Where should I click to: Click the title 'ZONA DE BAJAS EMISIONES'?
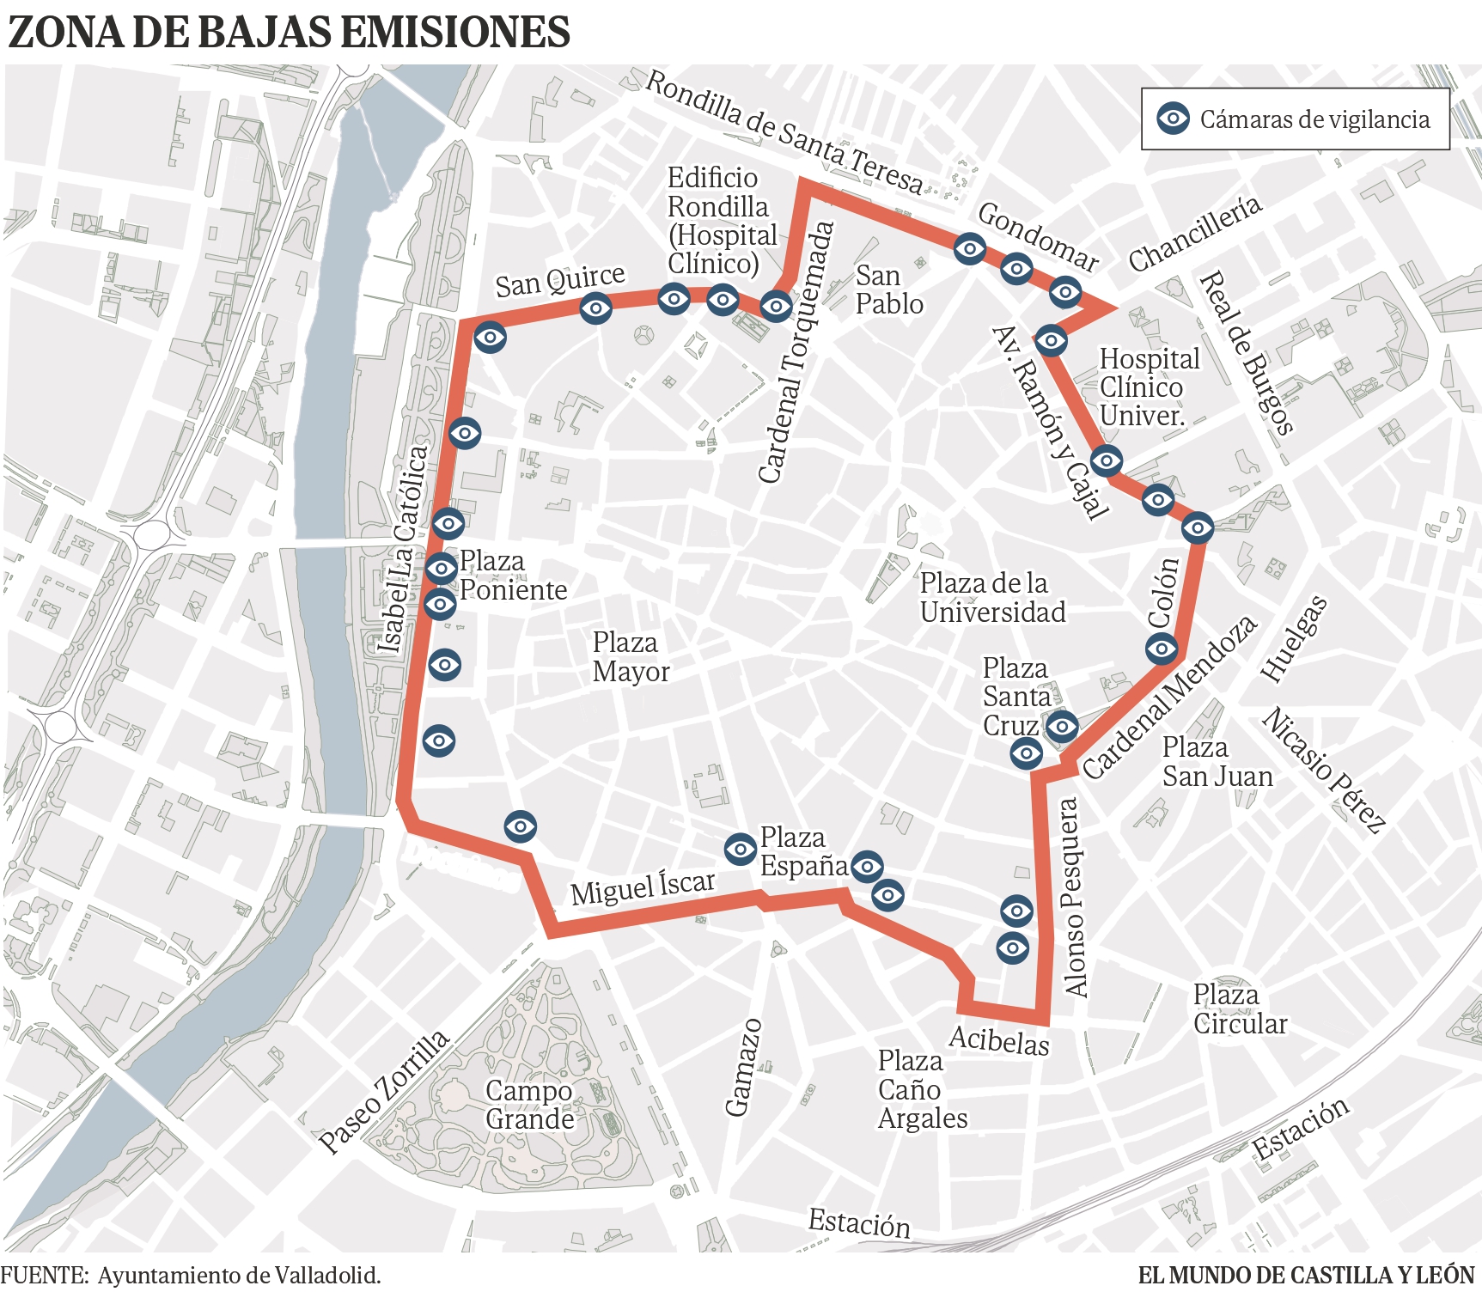tap(289, 33)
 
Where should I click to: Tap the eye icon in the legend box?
tap(1173, 119)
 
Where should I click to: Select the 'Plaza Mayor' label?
tap(631, 657)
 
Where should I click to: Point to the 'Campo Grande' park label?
tap(529, 1105)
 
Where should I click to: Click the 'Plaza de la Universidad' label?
tap(992, 598)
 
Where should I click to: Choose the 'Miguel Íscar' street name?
tap(643, 888)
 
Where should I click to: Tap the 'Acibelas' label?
tap(999, 1041)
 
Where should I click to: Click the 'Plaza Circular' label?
tap(1240, 1009)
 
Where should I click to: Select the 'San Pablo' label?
tap(888, 289)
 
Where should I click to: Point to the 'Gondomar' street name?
tap(1039, 236)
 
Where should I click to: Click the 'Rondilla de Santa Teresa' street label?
tap(784, 132)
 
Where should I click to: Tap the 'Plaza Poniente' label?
tap(513, 576)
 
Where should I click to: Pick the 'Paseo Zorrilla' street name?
tap(384, 1091)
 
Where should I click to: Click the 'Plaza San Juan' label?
tap(1217, 762)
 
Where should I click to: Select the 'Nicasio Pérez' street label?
tap(1324, 770)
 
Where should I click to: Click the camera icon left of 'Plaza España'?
tap(740, 849)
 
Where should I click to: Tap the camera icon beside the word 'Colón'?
tap(1162, 649)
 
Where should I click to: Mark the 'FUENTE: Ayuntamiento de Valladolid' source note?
tap(191, 1276)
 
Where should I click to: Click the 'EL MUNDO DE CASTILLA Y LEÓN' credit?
tap(1306, 1276)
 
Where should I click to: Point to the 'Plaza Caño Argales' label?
tap(922, 1089)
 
